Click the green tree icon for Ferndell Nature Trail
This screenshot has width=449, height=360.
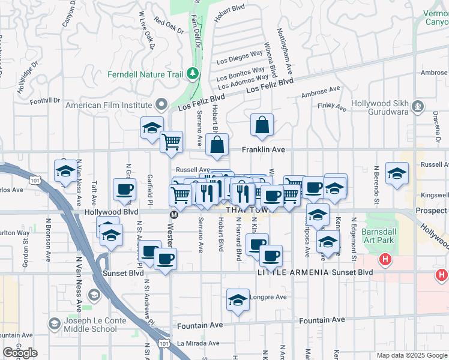pos(193,73)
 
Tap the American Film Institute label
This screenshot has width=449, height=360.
pos(109,105)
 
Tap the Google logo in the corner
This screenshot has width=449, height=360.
pos(20,353)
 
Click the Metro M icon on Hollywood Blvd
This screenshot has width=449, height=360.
pos(174,214)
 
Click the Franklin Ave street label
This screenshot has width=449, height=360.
pos(263,149)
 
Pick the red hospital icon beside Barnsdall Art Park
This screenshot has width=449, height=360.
pos(385,260)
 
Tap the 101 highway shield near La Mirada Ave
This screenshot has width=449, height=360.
pos(164,343)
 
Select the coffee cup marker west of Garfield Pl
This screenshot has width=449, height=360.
pos(125,190)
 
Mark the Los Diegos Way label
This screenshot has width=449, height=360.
pos(240,57)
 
